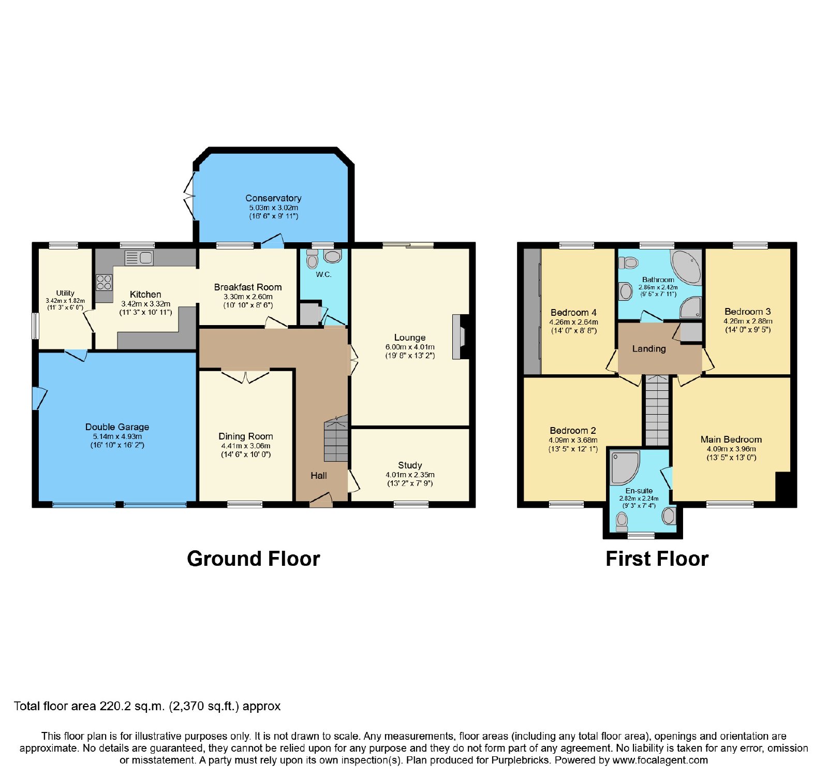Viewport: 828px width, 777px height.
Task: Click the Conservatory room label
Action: pyautogui.click(x=273, y=198)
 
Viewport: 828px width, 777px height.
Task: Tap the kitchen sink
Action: pyautogui.click(x=139, y=257)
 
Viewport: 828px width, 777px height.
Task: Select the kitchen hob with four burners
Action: pyautogui.click(x=104, y=282)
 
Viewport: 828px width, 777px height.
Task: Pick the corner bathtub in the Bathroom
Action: pyautogui.click(x=686, y=268)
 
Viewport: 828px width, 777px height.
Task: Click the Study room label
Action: pyautogui.click(x=410, y=465)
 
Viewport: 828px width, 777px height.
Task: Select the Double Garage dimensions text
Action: pyautogui.click(x=117, y=441)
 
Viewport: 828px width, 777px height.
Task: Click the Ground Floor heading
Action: pyautogui.click(x=254, y=559)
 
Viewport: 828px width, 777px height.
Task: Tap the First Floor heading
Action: pyautogui.click(x=657, y=559)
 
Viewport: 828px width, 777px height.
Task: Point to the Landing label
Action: pyautogui.click(x=649, y=349)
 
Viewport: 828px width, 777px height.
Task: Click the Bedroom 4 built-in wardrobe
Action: pyautogui.click(x=532, y=312)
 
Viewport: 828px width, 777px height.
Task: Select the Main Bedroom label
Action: pyautogui.click(x=731, y=439)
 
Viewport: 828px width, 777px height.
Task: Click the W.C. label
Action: pyautogui.click(x=323, y=274)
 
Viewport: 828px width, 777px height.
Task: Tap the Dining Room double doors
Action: pyautogui.click(x=246, y=375)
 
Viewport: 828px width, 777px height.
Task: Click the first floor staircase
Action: pyautogui.click(x=657, y=411)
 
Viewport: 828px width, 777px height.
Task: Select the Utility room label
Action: pyautogui.click(x=65, y=293)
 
